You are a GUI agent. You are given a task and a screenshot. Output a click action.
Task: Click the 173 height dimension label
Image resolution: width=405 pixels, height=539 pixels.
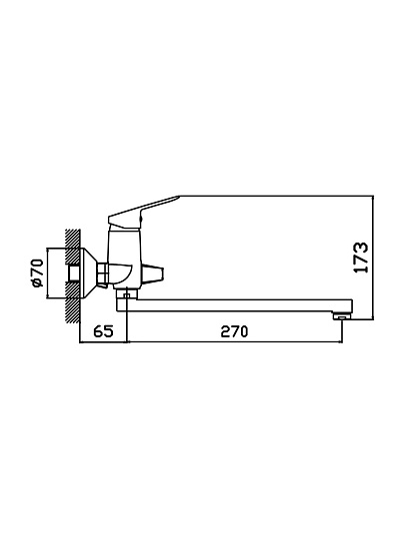click(x=361, y=258)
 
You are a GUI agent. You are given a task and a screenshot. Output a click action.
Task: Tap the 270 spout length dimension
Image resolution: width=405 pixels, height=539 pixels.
click(x=234, y=331)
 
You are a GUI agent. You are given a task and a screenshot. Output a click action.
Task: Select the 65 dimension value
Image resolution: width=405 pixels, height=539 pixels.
click(x=103, y=331)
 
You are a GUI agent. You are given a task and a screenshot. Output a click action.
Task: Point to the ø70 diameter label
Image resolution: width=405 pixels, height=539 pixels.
click(x=37, y=272)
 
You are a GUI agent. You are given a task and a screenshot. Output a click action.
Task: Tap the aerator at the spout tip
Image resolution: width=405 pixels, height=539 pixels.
click(x=341, y=315)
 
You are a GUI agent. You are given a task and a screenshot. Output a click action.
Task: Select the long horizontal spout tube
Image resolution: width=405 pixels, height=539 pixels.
click(x=238, y=305)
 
